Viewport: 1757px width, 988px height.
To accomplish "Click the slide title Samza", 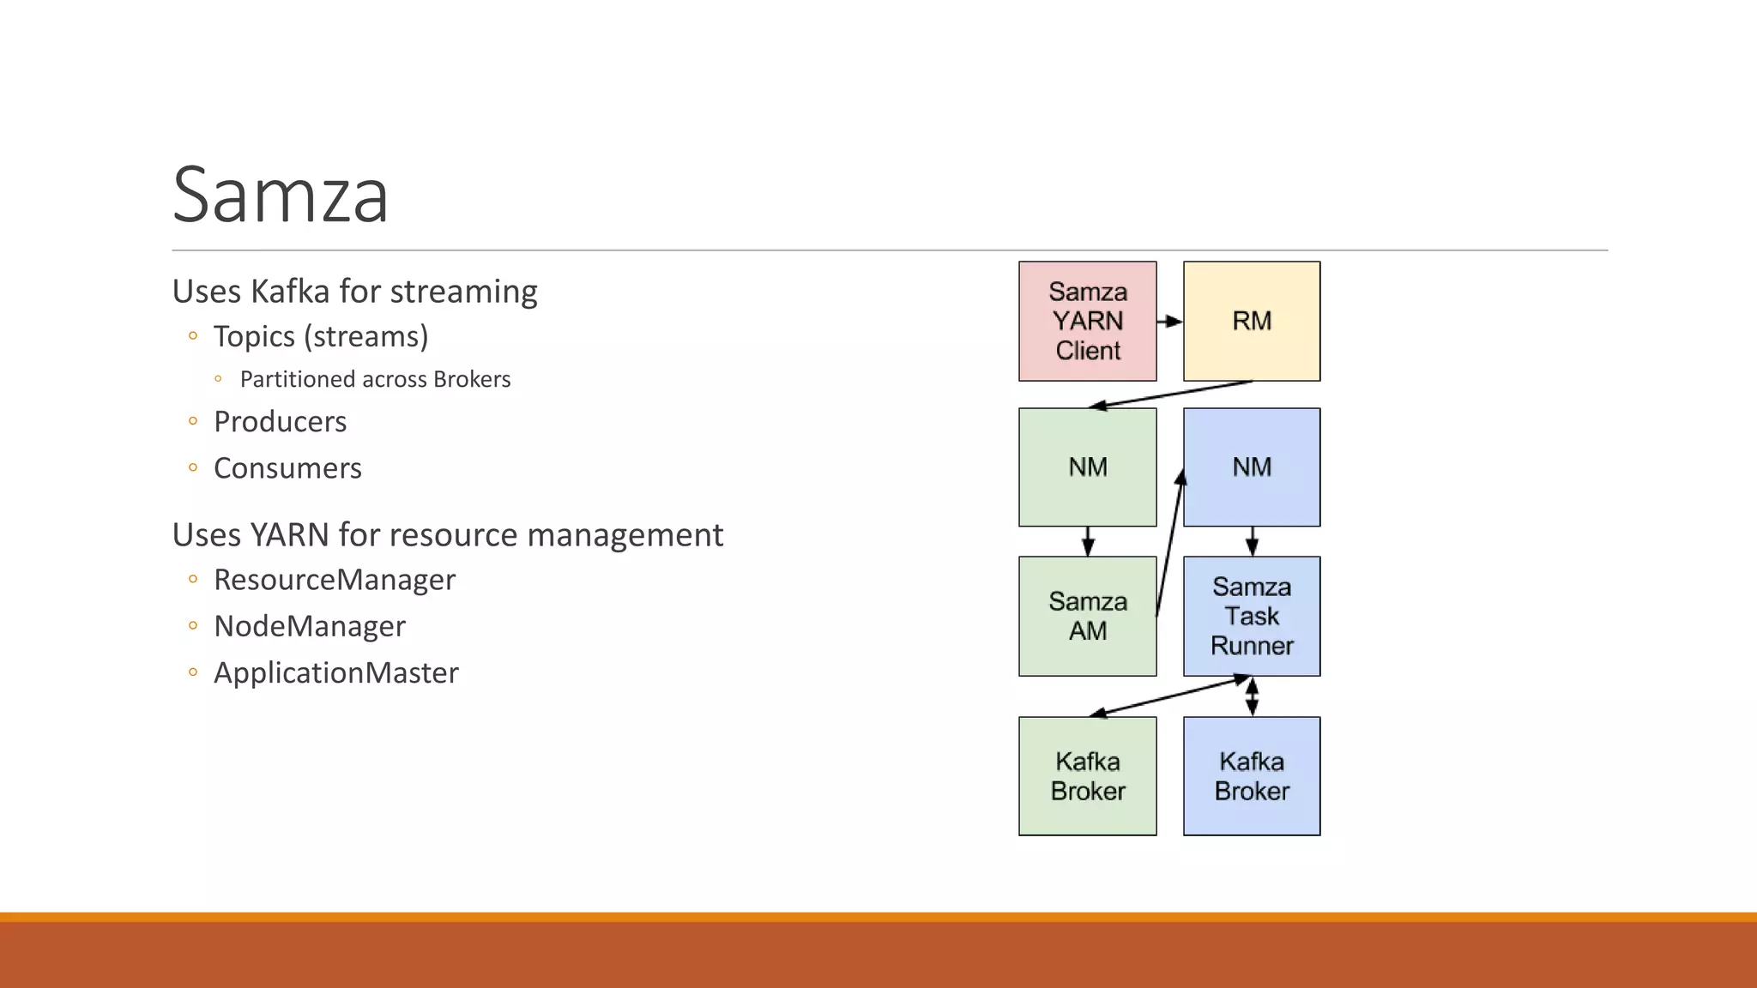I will pyautogui.click(x=281, y=196).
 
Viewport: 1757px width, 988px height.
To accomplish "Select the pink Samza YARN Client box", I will pyautogui.click(x=1087, y=321).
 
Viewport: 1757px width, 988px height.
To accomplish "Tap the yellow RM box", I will pyautogui.click(x=1252, y=321).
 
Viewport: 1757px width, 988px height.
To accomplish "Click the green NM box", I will pyautogui.click(x=1087, y=467).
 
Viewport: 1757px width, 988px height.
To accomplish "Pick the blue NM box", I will pyautogui.click(x=1252, y=467).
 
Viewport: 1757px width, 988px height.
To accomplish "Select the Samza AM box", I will pyautogui.click(x=1087, y=616).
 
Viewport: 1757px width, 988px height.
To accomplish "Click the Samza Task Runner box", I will pyautogui.click(x=1252, y=616).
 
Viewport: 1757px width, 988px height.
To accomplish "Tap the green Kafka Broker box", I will pyautogui.click(x=1087, y=776).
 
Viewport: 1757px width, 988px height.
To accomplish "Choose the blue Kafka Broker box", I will pyautogui.click(x=1252, y=776).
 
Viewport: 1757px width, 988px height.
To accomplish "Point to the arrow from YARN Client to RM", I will pyautogui.click(x=1169, y=322).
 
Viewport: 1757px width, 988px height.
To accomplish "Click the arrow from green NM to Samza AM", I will pyautogui.click(x=1088, y=541).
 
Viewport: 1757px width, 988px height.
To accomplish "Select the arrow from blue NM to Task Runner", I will pyautogui.click(x=1252, y=541).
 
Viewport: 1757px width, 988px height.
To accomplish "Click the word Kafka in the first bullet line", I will pyautogui.click(x=290, y=292).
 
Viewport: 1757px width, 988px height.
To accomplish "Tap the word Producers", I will pyautogui.click(x=280, y=422).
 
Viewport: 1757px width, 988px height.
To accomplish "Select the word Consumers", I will pyautogui.click(x=287, y=468).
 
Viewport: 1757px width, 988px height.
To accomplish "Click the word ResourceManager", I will pyautogui.click(x=335, y=580).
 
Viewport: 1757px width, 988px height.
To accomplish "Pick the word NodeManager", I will pyautogui.click(x=310, y=626).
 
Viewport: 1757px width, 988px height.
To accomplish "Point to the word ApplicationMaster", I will pyautogui.click(x=336, y=672).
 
